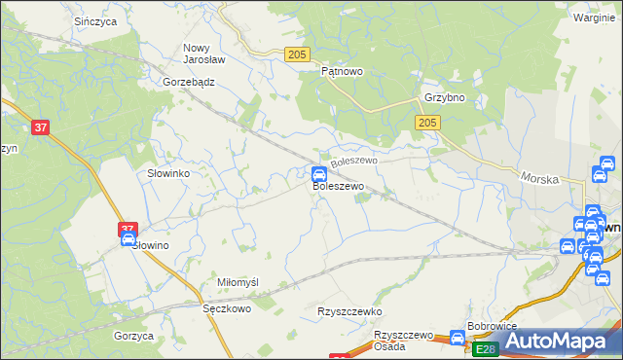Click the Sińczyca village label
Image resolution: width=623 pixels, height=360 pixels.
(x=94, y=19)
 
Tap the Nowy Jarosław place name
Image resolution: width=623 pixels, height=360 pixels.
(x=204, y=53)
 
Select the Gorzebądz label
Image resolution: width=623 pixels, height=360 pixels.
(x=189, y=83)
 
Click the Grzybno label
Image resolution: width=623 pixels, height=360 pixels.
(x=445, y=98)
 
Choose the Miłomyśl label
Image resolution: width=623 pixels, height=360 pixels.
(x=238, y=282)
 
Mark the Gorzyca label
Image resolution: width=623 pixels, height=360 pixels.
(x=133, y=336)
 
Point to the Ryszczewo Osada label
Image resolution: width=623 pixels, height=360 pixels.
(x=403, y=341)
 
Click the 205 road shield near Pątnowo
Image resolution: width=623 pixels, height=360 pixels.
(x=298, y=55)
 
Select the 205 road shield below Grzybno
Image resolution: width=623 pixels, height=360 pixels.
(x=427, y=123)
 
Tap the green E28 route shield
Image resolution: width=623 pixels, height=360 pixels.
(x=485, y=347)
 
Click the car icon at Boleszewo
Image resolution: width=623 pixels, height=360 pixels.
(x=318, y=175)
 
